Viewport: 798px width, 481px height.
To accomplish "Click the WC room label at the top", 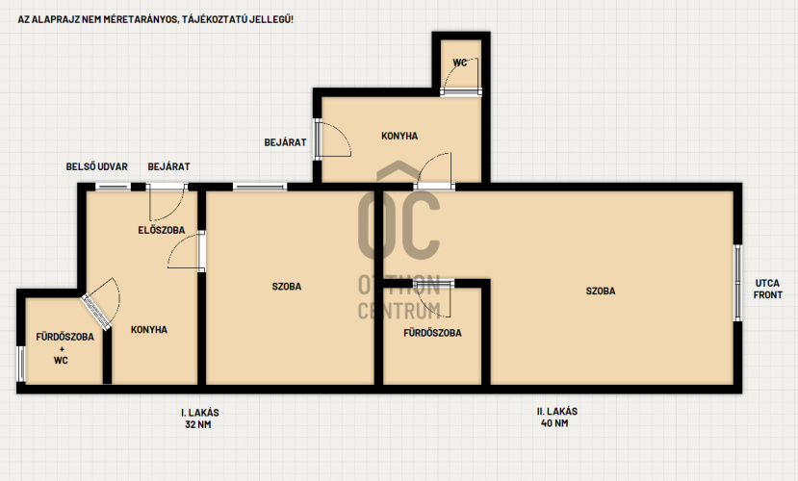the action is tap(459, 63).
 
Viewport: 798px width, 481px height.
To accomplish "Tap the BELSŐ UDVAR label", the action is tap(96, 166).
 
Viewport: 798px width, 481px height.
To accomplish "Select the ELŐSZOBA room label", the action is tap(162, 230).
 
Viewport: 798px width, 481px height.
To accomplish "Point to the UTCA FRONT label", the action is tap(767, 289).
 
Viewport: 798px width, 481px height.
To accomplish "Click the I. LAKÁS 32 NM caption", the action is tap(199, 418).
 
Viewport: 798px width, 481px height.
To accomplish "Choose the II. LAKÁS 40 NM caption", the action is tap(556, 417).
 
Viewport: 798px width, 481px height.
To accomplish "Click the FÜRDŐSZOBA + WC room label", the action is tap(64, 348).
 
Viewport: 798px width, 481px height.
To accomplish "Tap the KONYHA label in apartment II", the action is tap(399, 136).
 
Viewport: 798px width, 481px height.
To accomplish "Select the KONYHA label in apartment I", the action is tap(149, 329).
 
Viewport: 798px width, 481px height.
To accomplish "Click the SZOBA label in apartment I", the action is tap(287, 287).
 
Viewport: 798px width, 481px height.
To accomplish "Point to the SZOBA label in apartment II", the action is tap(601, 291).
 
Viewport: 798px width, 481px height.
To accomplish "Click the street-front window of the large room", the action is tap(737, 283).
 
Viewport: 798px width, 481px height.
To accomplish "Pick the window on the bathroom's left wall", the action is tap(21, 364).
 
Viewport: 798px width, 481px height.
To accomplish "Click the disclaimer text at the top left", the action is tap(155, 19).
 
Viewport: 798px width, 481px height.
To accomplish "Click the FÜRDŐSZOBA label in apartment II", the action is tap(432, 333).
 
